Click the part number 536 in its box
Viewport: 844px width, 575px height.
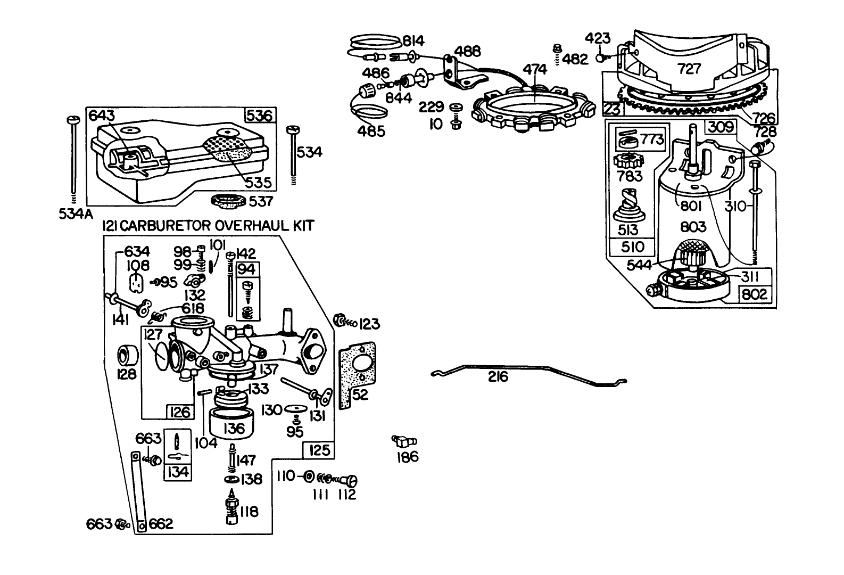(x=260, y=116)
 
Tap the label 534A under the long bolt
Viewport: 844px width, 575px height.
(x=75, y=215)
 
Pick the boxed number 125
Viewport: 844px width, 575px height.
(x=319, y=451)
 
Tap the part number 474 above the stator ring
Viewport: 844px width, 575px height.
(x=535, y=69)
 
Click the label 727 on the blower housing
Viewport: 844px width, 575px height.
(x=690, y=68)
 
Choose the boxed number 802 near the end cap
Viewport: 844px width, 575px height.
(x=755, y=294)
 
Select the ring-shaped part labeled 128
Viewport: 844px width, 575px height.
(x=128, y=354)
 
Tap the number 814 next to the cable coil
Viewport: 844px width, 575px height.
(x=413, y=41)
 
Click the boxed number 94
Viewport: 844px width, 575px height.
(x=247, y=269)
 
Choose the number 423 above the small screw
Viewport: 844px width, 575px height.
(x=598, y=39)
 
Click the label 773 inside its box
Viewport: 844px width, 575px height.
(x=651, y=139)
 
